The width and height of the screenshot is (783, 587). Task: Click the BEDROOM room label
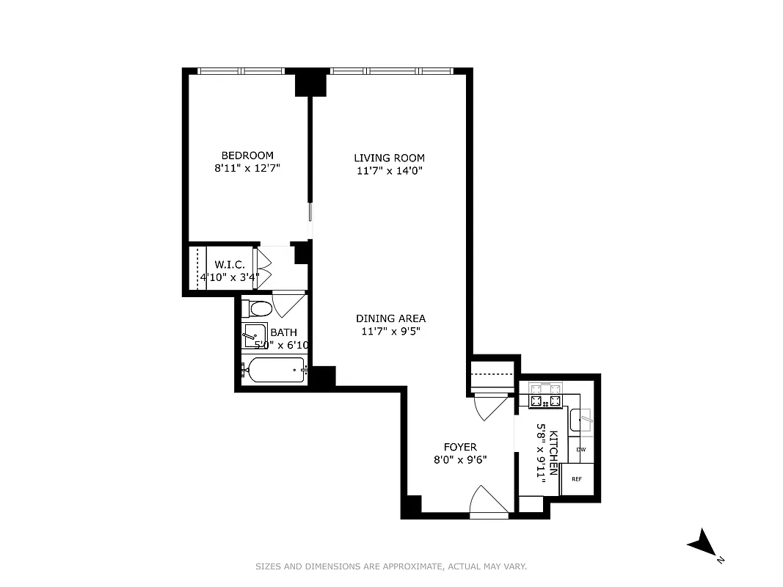[x=247, y=156]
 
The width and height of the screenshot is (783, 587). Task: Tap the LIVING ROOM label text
[x=389, y=158]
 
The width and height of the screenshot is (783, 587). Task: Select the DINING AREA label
[x=390, y=318]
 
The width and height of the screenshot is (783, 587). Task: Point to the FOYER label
[x=460, y=447]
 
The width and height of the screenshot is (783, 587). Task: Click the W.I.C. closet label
[x=229, y=265]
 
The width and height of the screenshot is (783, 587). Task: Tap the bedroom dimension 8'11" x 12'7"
[x=247, y=168]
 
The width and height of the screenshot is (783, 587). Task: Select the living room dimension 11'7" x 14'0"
[x=389, y=170]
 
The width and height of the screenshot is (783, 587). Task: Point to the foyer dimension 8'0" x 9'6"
[x=460, y=460]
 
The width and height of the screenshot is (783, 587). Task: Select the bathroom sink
[x=255, y=335]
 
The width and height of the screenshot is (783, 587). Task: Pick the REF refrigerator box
[x=577, y=479]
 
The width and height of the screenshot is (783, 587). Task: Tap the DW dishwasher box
[x=580, y=449]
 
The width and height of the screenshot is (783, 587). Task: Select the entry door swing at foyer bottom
[x=488, y=500]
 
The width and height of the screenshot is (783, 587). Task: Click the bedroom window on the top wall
[x=241, y=71]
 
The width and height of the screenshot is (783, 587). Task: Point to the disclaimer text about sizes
[x=391, y=566]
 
